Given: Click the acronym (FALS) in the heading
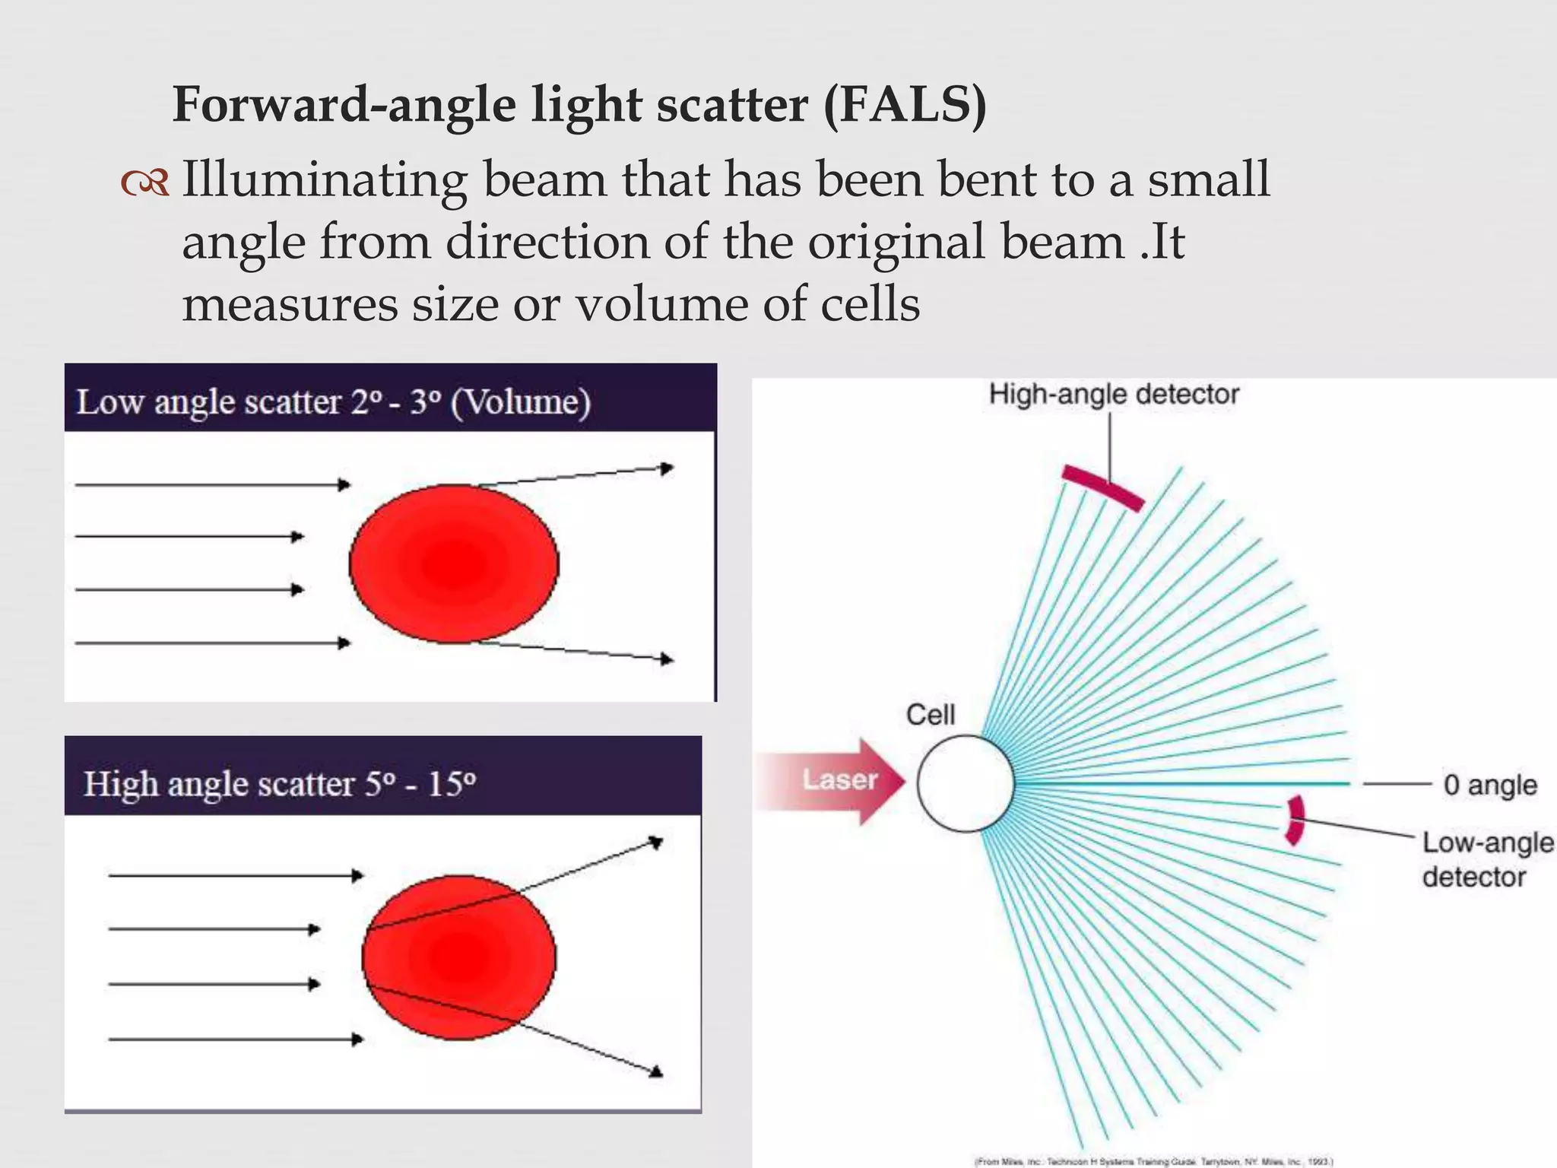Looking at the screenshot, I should [905, 105].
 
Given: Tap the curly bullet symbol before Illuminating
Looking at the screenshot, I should [144, 182].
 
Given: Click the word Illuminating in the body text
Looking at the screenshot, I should [324, 181].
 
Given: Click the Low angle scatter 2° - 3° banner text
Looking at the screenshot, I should [333, 401].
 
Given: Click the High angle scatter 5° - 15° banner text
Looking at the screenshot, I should [280, 783].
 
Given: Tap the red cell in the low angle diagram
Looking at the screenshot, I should [454, 563].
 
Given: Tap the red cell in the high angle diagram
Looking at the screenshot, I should [458, 957].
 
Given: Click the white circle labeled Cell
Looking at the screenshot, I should [965, 783].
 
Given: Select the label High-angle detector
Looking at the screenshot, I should [1113, 395].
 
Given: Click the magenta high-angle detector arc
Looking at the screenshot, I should [1102, 487].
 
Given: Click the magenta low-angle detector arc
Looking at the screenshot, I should [1295, 820].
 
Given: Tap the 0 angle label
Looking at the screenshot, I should [1490, 785].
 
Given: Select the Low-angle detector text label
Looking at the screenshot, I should [1486, 859].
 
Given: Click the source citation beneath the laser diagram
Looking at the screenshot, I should [1153, 1161].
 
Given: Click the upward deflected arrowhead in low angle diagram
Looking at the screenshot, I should [667, 468].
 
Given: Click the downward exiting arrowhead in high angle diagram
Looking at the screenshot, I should [656, 1071].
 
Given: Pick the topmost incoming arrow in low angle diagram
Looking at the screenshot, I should [213, 484].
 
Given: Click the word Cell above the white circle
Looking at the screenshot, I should [930, 715].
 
